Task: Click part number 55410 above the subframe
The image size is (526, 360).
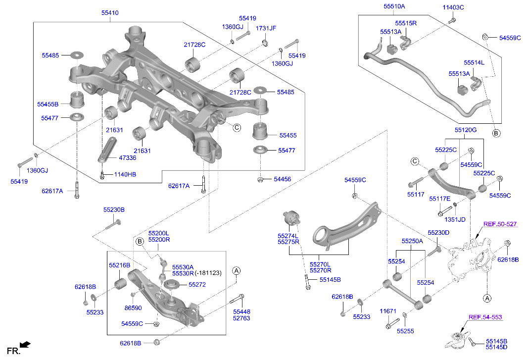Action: pos(109,12)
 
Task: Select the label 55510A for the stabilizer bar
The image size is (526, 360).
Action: pos(394,6)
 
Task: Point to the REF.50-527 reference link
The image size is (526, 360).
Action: pos(500,224)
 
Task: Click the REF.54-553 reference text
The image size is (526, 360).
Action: pos(485,316)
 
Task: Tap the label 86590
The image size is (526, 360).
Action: pos(133,308)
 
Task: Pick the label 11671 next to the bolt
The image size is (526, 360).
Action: pos(388,311)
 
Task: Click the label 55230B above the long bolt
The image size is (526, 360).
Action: pos(114,210)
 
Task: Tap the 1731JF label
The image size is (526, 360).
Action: pos(266,28)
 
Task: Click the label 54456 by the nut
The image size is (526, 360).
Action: pos(284,179)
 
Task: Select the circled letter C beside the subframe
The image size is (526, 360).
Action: pos(237,127)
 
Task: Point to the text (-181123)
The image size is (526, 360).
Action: pos(209,273)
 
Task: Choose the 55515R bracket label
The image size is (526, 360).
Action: pos(406,23)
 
